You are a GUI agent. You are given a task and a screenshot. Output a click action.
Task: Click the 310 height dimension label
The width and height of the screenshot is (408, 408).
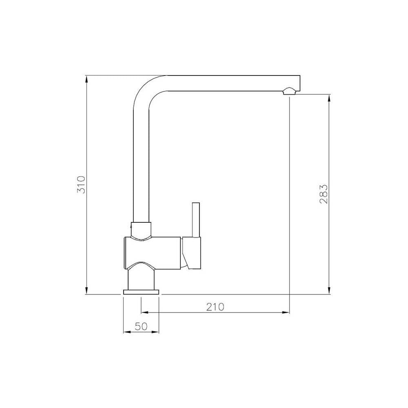[x=81, y=184]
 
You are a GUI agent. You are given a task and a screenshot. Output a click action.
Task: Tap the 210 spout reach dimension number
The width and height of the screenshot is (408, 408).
[x=215, y=307]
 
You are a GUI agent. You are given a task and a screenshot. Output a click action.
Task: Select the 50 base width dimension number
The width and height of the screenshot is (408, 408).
[x=141, y=326]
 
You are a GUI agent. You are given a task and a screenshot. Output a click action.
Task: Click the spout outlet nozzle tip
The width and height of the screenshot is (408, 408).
[x=288, y=92]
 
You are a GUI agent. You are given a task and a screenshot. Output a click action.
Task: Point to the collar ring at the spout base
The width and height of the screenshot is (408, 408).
[x=142, y=228]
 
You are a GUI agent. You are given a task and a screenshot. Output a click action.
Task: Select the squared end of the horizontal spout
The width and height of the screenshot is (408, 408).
[x=297, y=83]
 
